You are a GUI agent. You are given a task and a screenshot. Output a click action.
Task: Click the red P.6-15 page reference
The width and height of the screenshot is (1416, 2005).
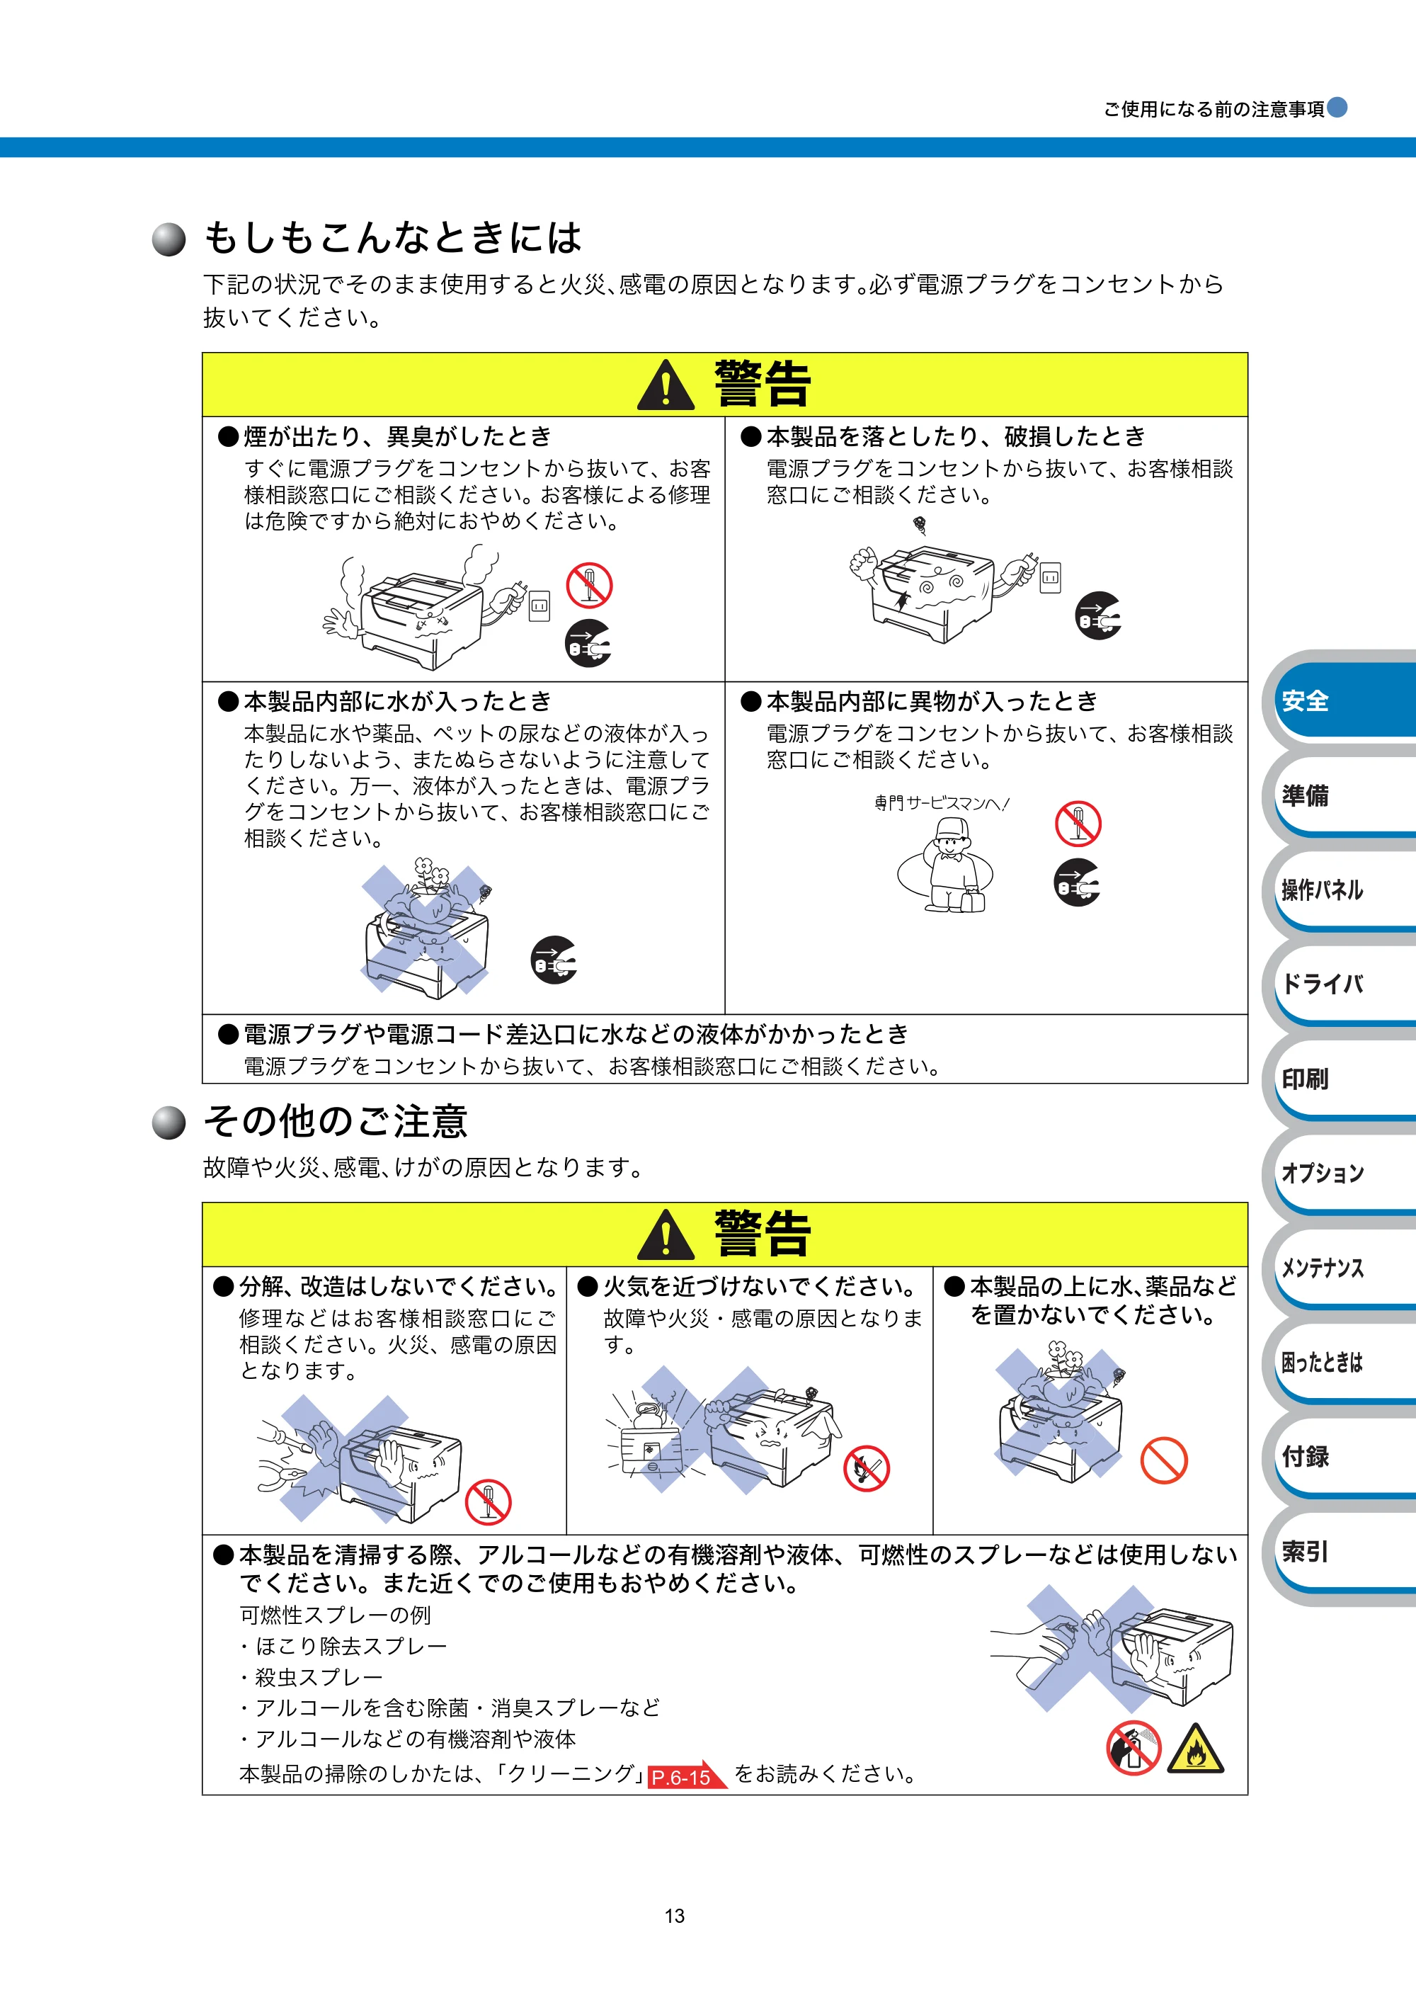point(686,1776)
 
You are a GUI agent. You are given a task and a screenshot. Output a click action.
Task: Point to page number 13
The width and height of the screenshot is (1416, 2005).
point(675,1915)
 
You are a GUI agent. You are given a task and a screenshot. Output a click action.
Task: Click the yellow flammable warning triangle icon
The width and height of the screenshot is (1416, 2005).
point(1195,1749)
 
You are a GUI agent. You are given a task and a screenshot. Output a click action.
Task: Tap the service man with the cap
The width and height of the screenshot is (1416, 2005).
point(954,865)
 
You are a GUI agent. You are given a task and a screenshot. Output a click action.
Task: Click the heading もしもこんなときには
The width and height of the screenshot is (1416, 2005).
point(393,237)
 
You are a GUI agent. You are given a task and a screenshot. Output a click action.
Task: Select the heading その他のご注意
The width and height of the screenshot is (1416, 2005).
point(336,1121)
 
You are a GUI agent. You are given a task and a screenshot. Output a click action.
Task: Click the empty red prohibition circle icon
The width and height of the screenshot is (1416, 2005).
point(1164,1460)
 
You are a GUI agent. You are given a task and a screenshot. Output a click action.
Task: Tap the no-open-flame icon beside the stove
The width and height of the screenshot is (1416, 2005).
point(866,1469)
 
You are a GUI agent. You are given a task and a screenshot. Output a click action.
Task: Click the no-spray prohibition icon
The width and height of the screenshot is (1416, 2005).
point(1133,1748)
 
